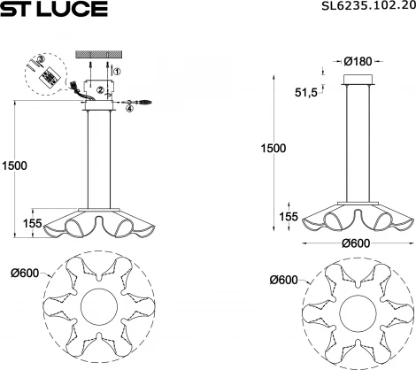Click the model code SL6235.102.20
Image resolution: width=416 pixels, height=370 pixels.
click(x=366, y=8)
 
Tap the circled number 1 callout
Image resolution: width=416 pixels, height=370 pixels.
click(x=119, y=71)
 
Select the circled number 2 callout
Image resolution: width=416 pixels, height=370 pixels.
click(x=101, y=89)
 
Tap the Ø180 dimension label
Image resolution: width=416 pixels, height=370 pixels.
click(x=358, y=61)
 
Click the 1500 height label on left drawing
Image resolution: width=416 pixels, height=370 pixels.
click(x=14, y=166)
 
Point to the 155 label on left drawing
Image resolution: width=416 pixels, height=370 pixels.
click(x=33, y=223)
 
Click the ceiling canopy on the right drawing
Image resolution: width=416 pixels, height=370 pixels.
click(x=358, y=84)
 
